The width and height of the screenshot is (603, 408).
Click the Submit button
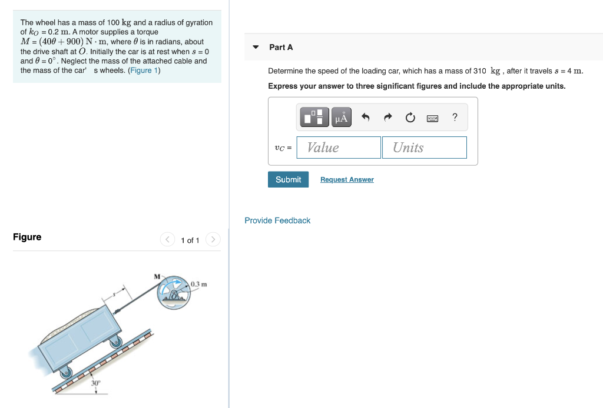click(288, 179)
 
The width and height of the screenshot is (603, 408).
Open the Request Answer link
click(347, 180)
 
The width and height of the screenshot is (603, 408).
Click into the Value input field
click(339, 148)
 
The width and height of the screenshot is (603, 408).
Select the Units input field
click(424, 148)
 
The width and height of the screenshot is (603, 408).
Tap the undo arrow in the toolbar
click(365, 118)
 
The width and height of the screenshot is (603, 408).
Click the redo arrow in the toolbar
click(387, 118)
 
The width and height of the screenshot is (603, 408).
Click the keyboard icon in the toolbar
click(432, 118)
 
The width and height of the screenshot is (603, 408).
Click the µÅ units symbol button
click(342, 118)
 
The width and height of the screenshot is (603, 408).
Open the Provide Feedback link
click(277, 220)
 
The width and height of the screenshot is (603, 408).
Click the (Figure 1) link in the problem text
click(144, 71)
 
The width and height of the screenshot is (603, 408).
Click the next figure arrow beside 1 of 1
click(213, 240)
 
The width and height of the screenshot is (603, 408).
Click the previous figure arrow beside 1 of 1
click(168, 240)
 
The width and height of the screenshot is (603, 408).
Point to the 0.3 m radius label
click(199, 285)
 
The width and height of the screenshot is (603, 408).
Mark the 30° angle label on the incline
click(95, 383)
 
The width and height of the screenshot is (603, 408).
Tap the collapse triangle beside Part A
click(256, 47)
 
